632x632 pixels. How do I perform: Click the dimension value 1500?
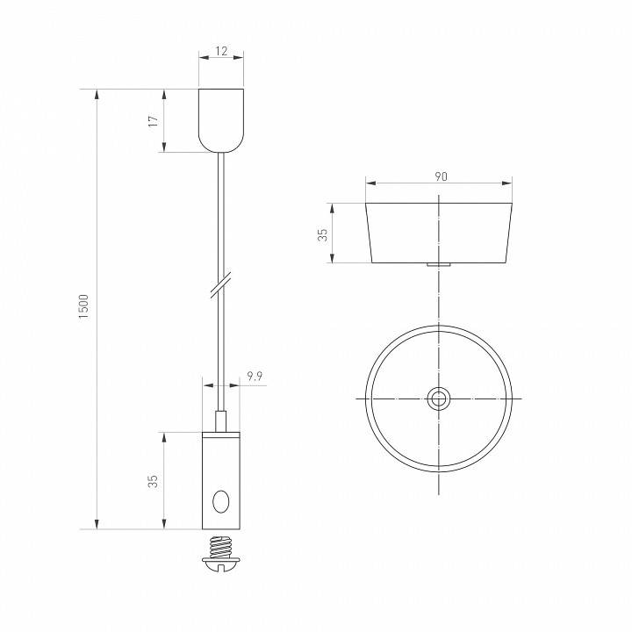pos(84,306)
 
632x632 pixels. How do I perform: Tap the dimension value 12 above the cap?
pos(220,52)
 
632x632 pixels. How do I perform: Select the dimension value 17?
pos(153,120)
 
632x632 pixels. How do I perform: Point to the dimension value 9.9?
pos(255,376)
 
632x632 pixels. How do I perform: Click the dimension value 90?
pos(441,176)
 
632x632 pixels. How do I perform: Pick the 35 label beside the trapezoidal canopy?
pos(322,233)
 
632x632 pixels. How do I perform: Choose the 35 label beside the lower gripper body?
pos(153,481)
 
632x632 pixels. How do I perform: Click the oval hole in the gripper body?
pos(220,501)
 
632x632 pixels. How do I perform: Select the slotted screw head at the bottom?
pos(220,569)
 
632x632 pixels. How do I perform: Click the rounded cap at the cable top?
pos(220,119)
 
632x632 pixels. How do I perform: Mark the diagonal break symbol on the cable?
pos(220,285)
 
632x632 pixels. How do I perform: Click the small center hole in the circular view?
pos(438,399)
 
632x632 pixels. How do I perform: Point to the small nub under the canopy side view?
pos(438,264)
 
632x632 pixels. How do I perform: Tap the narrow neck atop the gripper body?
pos(220,421)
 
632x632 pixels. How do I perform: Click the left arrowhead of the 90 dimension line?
pos(370,183)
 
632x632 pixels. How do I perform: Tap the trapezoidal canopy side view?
pos(438,233)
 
